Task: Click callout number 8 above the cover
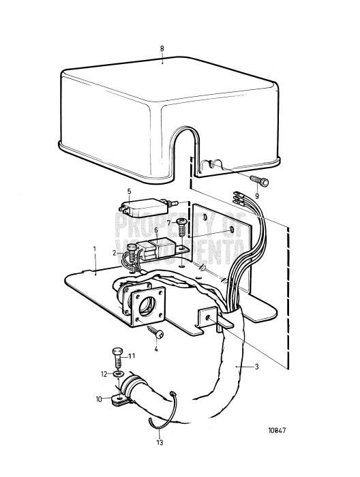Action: (x=162, y=49)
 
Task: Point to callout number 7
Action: (x=168, y=223)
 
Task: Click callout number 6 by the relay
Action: (x=156, y=230)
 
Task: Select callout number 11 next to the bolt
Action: (x=132, y=356)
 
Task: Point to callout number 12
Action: (x=104, y=373)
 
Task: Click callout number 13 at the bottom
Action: (x=161, y=442)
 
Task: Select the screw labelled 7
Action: (x=182, y=224)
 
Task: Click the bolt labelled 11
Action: (x=117, y=356)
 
